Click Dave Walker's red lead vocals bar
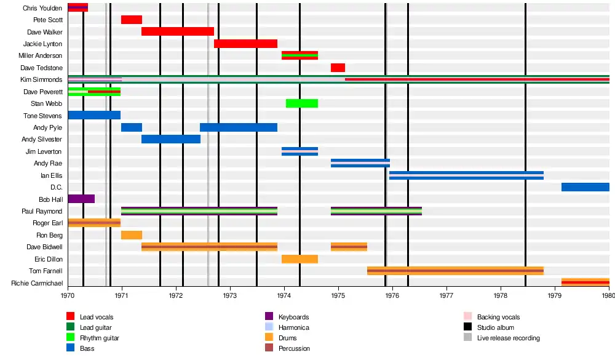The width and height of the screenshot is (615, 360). [x=178, y=31]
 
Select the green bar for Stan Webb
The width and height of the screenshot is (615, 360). [x=301, y=103]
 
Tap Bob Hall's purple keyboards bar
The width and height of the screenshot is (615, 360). [x=81, y=199]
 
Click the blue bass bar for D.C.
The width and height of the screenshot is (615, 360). [x=585, y=187]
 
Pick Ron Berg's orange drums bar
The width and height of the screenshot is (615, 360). [x=132, y=234]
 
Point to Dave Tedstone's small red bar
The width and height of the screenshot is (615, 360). [x=338, y=68]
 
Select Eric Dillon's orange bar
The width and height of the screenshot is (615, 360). [x=300, y=258]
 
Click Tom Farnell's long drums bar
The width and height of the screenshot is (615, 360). [x=455, y=271]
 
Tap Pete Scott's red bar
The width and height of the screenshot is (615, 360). [x=132, y=20]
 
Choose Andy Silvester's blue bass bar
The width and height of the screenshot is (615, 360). [x=171, y=139]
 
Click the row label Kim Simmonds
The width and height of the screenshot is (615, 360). [x=41, y=79]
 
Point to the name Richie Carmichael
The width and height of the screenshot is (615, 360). [x=37, y=282]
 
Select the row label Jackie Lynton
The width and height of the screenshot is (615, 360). [x=42, y=44]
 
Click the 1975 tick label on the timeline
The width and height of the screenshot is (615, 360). [x=338, y=295]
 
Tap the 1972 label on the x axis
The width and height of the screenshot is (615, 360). [x=176, y=295]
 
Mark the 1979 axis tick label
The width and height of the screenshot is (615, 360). [x=555, y=295]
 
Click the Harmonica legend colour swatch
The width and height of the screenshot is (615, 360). [x=269, y=327]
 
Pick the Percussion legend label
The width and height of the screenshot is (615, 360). [x=294, y=348]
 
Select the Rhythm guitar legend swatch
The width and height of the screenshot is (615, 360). [x=71, y=337]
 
